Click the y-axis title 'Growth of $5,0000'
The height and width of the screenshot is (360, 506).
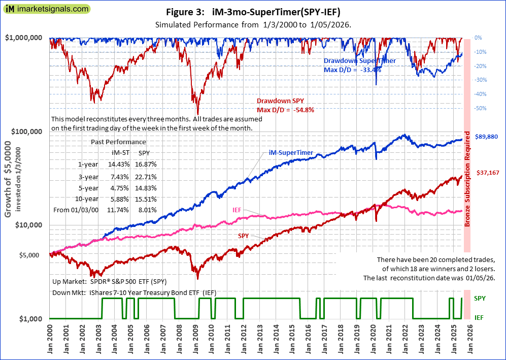[x=9, y=183]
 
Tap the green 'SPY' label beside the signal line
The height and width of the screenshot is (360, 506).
[x=480, y=299]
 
